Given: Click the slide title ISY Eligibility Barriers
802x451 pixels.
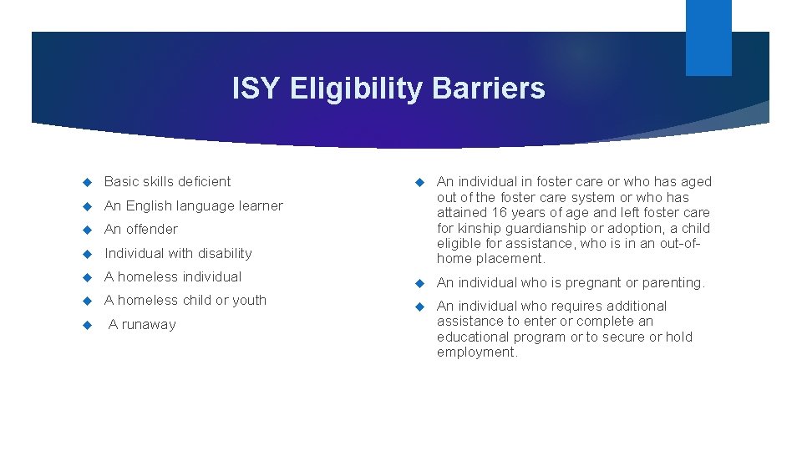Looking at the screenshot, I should [x=388, y=89].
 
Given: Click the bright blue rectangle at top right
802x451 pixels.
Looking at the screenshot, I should [x=708, y=37].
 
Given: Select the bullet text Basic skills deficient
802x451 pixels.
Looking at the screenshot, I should [x=167, y=181].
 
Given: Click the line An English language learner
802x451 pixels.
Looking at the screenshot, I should [x=193, y=205].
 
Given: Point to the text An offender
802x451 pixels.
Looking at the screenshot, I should [x=140, y=229].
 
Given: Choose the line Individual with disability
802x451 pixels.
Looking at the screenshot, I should [x=178, y=253].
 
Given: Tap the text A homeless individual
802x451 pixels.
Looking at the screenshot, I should [x=173, y=276].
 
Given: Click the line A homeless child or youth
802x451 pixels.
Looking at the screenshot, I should [x=185, y=300].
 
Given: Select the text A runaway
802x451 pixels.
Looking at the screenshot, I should [x=142, y=324].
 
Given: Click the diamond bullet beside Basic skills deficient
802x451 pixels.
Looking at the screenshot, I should [x=86, y=182].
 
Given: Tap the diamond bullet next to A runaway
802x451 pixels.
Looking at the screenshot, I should [x=86, y=325].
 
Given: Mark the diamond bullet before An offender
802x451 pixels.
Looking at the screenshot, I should [x=86, y=230].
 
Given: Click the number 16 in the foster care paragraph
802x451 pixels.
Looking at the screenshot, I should [x=500, y=213].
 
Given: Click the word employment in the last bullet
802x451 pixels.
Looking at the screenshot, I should [x=476, y=352].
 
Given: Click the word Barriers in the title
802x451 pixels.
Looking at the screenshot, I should [x=489, y=89].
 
